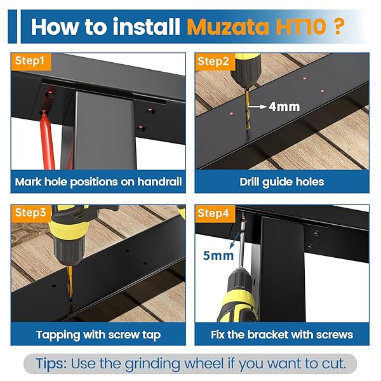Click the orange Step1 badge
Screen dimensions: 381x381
point(31,62)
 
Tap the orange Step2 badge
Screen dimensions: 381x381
point(215,62)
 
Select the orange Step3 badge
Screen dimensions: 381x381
point(31,213)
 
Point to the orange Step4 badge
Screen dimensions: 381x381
point(215,213)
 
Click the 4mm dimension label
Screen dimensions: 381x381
point(284,107)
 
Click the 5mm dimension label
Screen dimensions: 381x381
point(218,256)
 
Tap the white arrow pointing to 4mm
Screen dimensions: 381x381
point(257,107)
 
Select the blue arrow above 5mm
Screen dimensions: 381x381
point(234,240)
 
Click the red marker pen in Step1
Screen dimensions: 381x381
point(48,140)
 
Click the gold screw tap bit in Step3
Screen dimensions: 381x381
point(70,281)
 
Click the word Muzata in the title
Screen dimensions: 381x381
point(228,27)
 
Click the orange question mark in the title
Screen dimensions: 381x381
point(338,26)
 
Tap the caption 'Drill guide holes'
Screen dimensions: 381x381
point(282,182)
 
